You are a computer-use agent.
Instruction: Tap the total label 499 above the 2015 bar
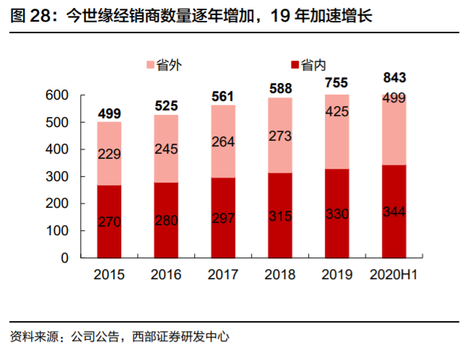tap(109, 113)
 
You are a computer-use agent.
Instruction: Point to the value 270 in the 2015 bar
tap(109, 221)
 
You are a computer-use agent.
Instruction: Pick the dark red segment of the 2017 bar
tap(223, 217)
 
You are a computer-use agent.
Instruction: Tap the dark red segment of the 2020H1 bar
tap(393, 211)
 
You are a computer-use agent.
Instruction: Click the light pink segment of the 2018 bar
tap(280, 135)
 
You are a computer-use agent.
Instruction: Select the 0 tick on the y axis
tap(64, 258)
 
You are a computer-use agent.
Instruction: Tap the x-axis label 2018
tap(280, 275)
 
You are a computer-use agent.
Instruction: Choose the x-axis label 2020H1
tap(393, 275)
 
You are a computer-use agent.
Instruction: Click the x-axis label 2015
tap(109, 275)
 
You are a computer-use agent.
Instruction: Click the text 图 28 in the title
tap(31, 16)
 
